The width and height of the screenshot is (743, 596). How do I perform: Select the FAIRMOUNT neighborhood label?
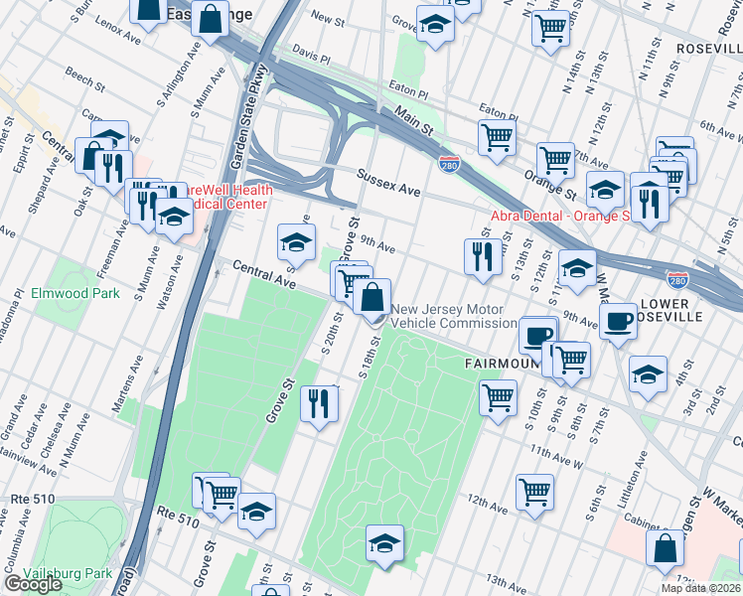tap(502, 364)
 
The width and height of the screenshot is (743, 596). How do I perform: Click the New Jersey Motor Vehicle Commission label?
tap(453, 316)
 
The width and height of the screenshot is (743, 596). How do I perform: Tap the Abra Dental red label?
tap(561, 216)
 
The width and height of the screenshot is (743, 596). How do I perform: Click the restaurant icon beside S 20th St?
tap(319, 402)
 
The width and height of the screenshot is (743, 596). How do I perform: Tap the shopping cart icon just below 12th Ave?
tap(534, 491)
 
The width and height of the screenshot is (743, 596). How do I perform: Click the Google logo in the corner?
tap(33, 584)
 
